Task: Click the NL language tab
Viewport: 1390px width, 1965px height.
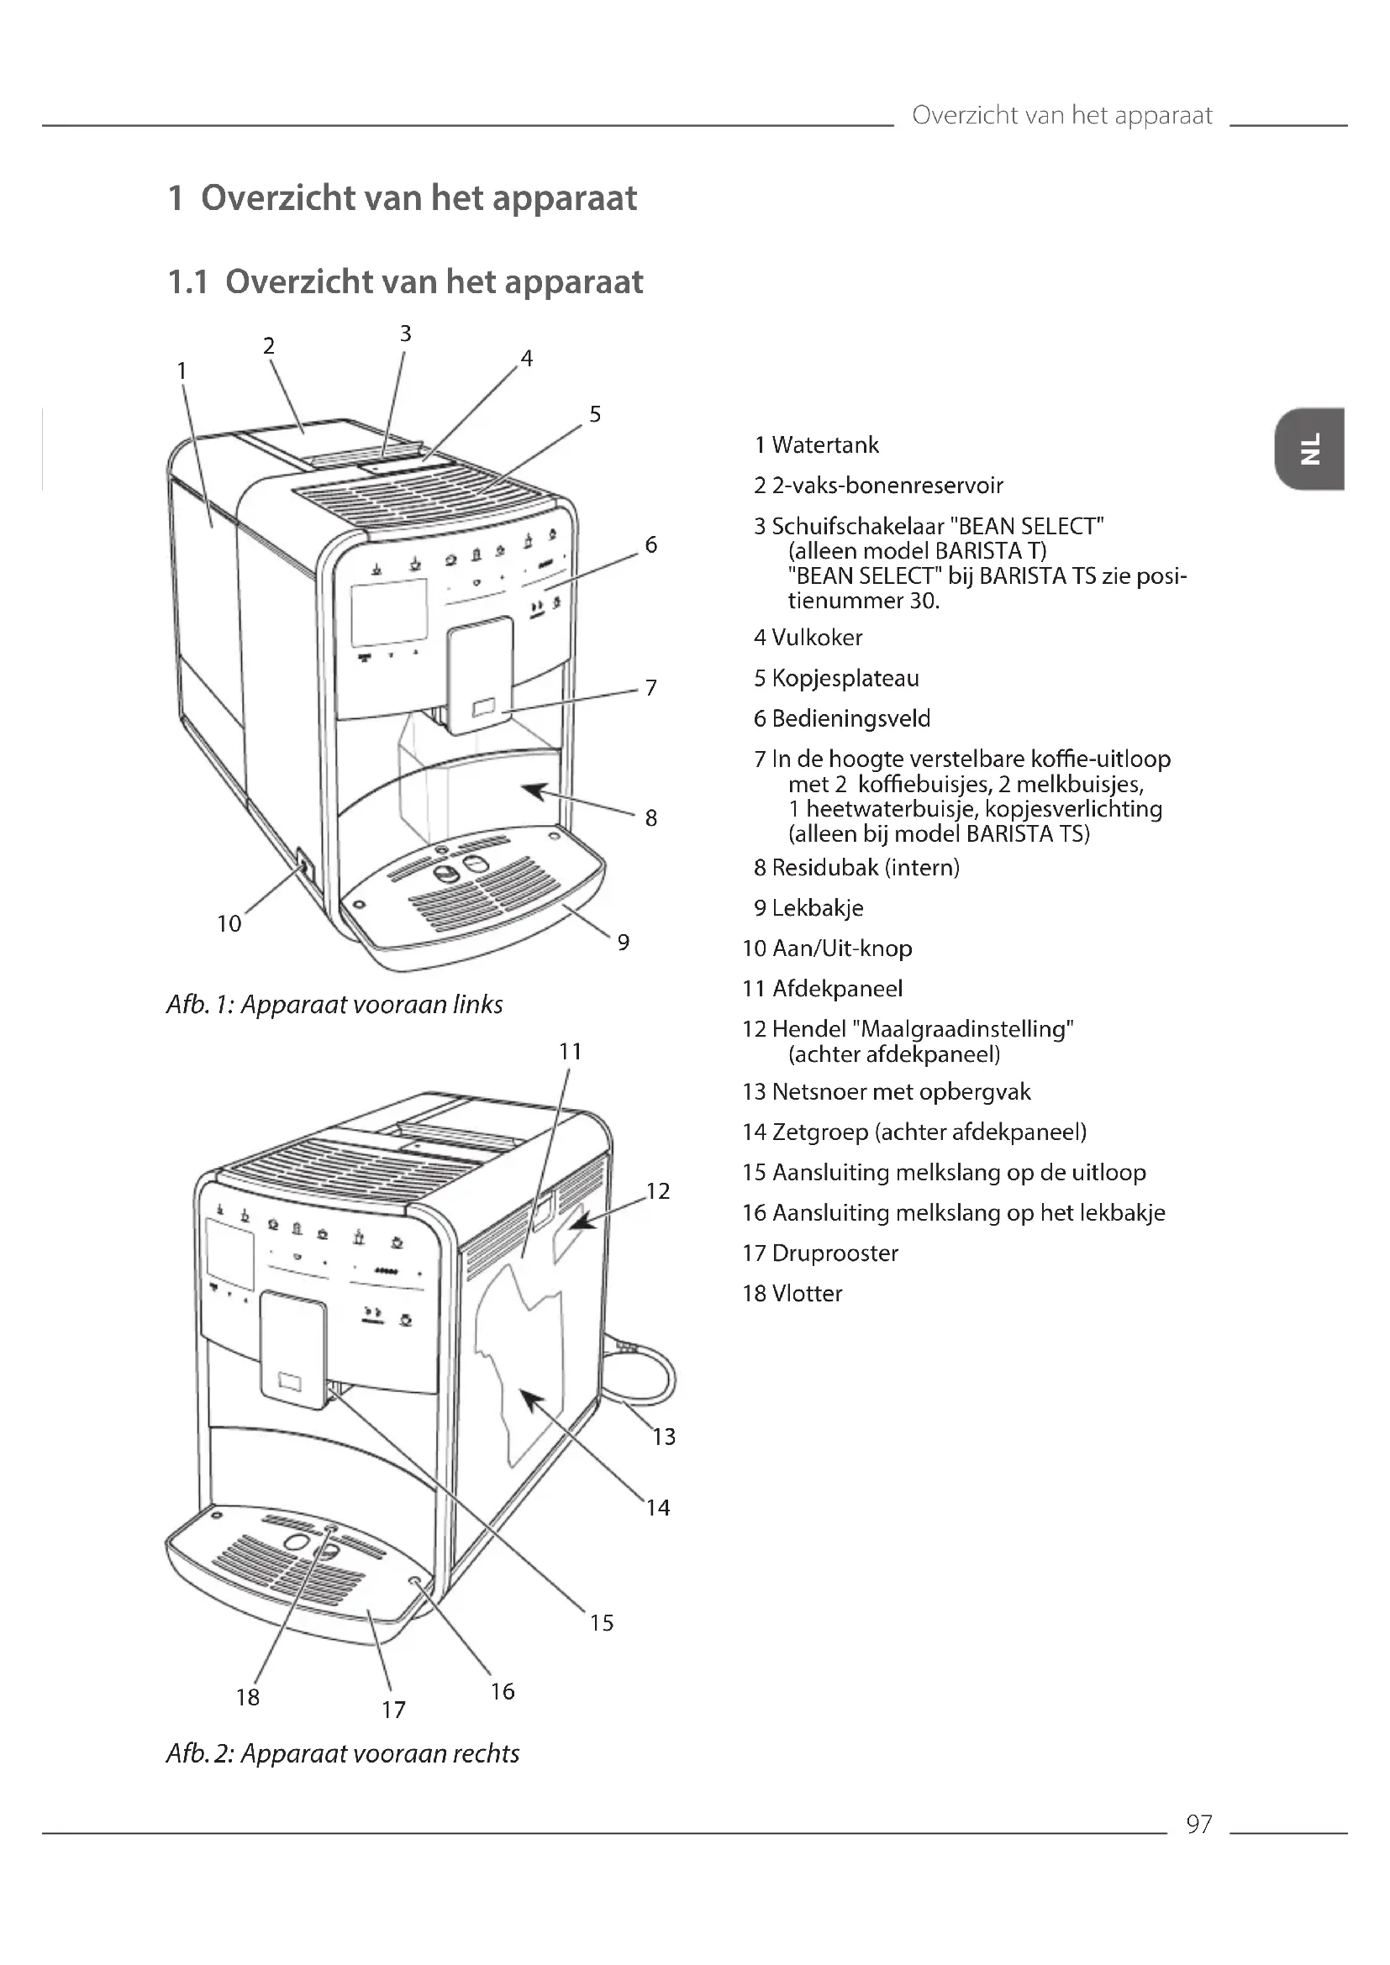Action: pyautogui.click(x=1308, y=449)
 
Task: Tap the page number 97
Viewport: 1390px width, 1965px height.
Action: pyautogui.click(x=1198, y=1824)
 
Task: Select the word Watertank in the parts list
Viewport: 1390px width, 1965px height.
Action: pyautogui.click(x=825, y=445)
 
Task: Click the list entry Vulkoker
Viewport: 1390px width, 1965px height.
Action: pyautogui.click(x=817, y=638)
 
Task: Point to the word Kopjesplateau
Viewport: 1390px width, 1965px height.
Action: pyautogui.click(x=845, y=679)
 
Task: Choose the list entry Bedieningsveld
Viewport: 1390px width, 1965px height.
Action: pyautogui.click(x=850, y=719)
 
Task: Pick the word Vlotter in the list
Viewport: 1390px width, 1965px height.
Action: pyautogui.click(x=806, y=1293)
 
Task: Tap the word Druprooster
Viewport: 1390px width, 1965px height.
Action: pyautogui.click(x=835, y=1253)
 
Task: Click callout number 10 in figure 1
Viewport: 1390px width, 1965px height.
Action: pyautogui.click(x=229, y=923)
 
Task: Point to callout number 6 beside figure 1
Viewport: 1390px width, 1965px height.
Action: pyautogui.click(x=650, y=545)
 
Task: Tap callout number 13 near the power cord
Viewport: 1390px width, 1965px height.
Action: pyautogui.click(x=663, y=1437)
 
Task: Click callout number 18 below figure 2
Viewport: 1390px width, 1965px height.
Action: pyautogui.click(x=247, y=1697)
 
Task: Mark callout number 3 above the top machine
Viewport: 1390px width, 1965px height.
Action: pyautogui.click(x=406, y=334)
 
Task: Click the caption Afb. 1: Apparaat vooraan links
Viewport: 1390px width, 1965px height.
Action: pyautogui.click(x=334, y=1004)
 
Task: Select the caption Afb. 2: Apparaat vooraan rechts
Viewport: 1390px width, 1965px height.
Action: pyautogui.click(x=342, y=1753)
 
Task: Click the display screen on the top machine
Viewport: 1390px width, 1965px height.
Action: pyautogui.click(x=388, y=612)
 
